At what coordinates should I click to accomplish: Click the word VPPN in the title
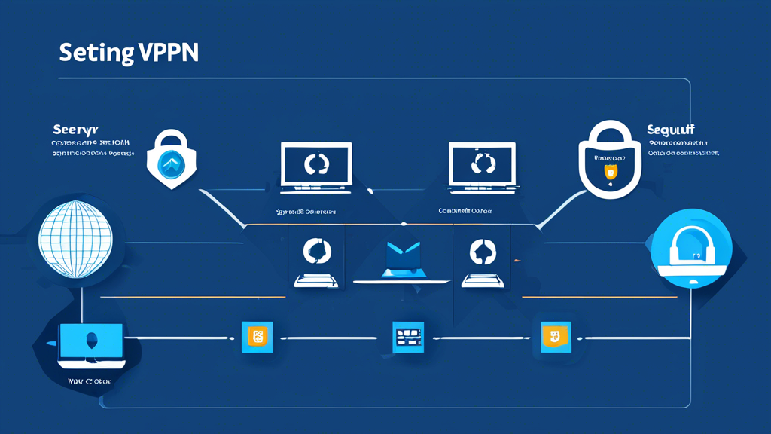click(x=169, y=53)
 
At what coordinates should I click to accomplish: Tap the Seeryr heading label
click(x=76, y=130)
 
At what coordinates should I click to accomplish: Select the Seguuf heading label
click(x=670, y=130)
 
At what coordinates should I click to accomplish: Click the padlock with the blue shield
click(x=172, y=160)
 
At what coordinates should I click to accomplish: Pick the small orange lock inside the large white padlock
click(x=611, y=172)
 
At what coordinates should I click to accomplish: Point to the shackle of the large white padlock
click(x=610, y=136)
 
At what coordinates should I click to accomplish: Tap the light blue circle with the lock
click(x=690, y=249)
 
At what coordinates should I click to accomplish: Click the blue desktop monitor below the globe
click(x=91, y=344)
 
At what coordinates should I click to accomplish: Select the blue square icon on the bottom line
click(x=409, y=337)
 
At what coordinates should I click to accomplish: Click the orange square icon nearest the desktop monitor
click(x=256, y=337)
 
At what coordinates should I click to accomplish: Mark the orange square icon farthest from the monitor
click(x=556, y=337)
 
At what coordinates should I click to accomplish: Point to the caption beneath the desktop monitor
click(x=89, y=381)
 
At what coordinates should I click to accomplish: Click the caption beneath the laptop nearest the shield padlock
click(x=306, y=212)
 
